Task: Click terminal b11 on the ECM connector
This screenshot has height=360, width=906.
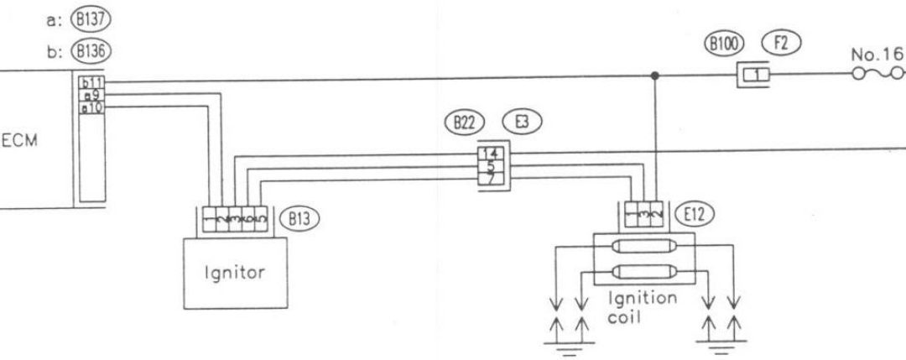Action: tap(89, 82)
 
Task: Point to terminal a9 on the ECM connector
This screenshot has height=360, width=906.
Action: tap(89, 94)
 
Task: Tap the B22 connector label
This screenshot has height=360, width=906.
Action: tap(461, 122)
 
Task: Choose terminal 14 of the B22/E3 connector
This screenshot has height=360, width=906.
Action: tap(489, 153)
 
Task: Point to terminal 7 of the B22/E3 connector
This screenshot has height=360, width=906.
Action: tap(489, 178)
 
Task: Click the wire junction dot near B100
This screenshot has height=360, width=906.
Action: tap(655, 76)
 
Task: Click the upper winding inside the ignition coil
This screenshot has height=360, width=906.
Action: tap(643, 248)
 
